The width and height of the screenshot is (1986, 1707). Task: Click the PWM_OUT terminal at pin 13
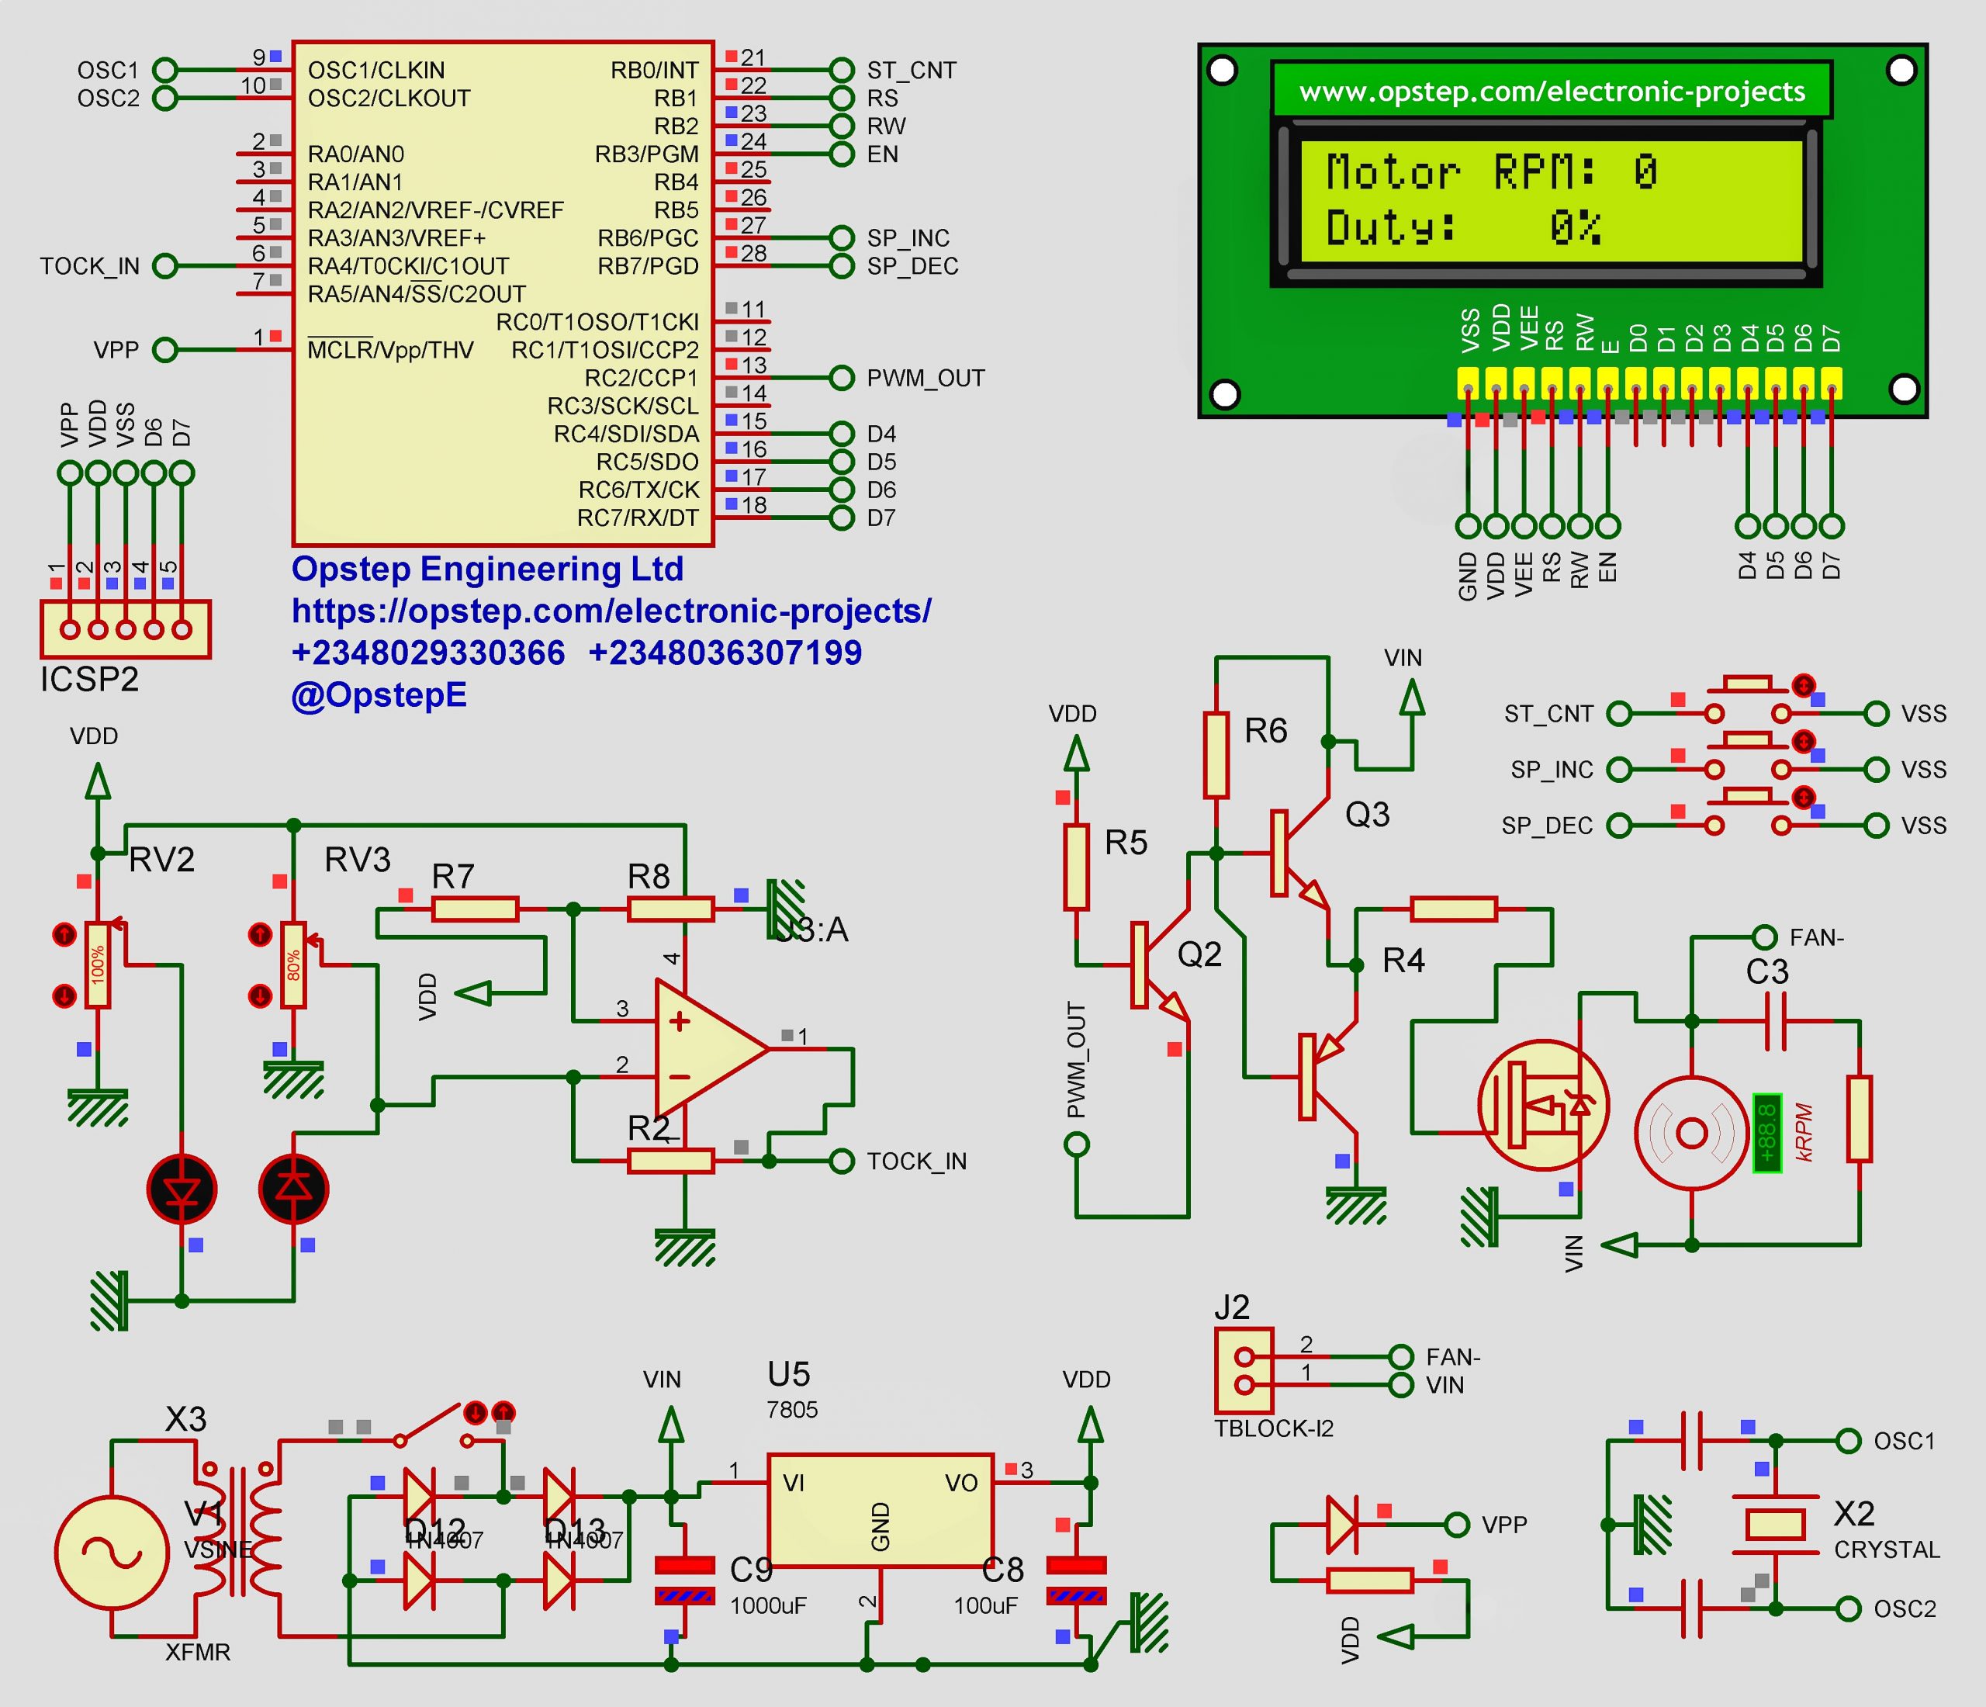[x=841, y=378]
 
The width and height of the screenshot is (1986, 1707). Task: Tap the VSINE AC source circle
[x=112, y=1552]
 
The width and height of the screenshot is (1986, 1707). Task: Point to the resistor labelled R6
[x=1216, y=755]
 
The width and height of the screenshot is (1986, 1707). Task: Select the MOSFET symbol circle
[x=1542, y=1105]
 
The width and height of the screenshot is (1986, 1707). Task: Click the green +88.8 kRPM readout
[x=1766, y=1132]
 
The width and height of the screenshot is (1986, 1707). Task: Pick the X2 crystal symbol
[x=1774, y=1524]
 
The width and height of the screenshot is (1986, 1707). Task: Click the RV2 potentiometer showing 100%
[x=97, y=964]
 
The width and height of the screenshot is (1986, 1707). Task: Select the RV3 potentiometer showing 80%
[x=293, y=964]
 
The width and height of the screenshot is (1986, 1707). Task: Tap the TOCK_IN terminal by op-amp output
[x=841, y=1161]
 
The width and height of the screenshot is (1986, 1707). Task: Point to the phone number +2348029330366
[x=427, y=653]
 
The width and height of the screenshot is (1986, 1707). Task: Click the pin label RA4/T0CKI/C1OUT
[x=407, y=265]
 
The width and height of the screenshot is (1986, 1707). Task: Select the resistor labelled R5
[x=1075, y=867]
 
